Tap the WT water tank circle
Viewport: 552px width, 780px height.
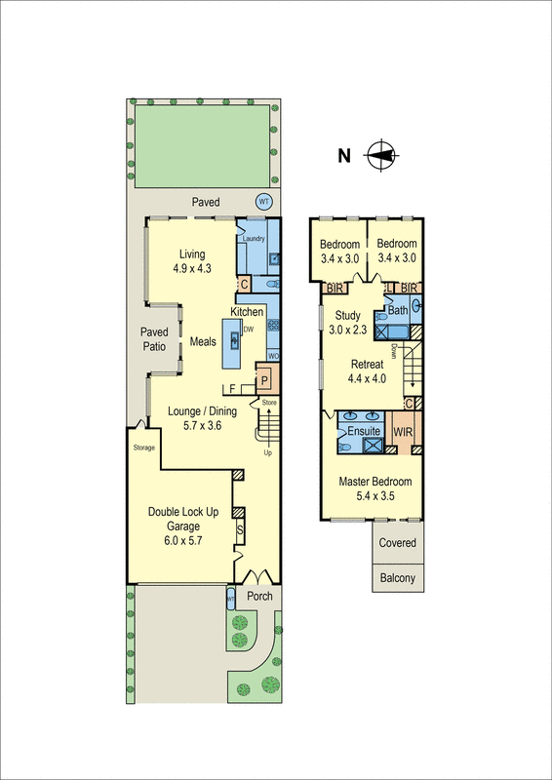(x=262, y=202)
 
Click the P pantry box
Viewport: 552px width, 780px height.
(x=263, y=379)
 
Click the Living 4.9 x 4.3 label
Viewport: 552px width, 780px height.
(x=191, y=260)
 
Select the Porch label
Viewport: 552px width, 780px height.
(x=258, y=597)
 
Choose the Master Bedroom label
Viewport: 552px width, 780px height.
(x=375, y=489)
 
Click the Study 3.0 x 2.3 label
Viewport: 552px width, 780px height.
(x=348, y=323)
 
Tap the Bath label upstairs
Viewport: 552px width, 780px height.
(x=398, y=311)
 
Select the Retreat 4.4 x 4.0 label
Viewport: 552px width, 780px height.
(x=368, y=371)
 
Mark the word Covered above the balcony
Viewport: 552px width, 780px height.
(x=396, y=543)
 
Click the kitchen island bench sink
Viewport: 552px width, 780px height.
(x=234, y=339)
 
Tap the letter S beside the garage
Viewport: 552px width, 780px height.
(x=241, y=529)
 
